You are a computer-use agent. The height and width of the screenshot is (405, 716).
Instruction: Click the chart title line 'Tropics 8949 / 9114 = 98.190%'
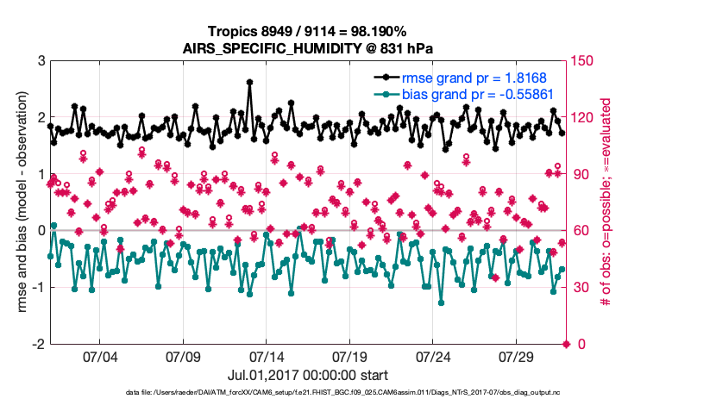pyautogui.click(x=309, y=32)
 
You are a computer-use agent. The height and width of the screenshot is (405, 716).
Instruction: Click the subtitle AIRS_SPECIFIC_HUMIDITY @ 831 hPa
pyautogui.click(x=309, y=48)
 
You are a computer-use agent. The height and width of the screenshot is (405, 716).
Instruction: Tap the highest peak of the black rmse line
pyautogui.click(x=249, y=83)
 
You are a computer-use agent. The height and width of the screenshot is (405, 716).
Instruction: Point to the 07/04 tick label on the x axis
pyautogui.click(x=99, y=356)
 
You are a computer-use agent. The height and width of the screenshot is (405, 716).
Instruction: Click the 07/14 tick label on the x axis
pyautogui.click(x=267, y=356)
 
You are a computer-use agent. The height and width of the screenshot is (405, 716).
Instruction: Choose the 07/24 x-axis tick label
pyautogui.click(x=434, y=356)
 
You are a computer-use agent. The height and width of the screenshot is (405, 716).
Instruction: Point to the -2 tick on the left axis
pyautogui.click(x=39, y=344)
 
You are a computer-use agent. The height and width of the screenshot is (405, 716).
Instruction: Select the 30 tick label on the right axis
pyautogui.click(x=582, y=288)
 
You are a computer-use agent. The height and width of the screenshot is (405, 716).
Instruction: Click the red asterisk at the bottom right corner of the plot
pyautogui.click(x=567, y=344)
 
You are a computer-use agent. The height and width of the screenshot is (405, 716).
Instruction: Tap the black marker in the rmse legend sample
pyautogui.click(x=385, y=77)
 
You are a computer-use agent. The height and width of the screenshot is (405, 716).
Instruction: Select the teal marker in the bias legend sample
pyautogui.click(x=385, y=93)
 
